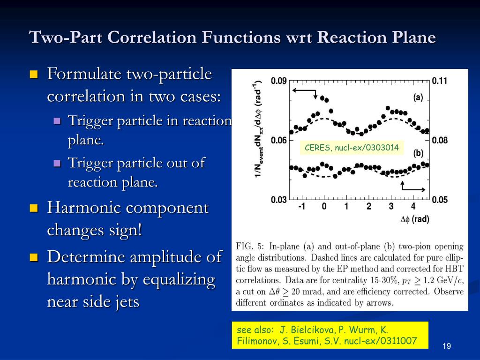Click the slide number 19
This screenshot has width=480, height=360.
pos(446,346)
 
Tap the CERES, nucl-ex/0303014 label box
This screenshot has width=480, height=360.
pos(352,148)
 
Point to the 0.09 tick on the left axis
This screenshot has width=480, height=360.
pos(279,81)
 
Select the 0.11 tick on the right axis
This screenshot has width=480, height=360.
pos(440,81)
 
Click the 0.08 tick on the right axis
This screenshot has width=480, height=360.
pos(440,140)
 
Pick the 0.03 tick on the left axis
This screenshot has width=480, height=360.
pos(279,200)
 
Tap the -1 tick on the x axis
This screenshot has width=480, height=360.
pos(302,207)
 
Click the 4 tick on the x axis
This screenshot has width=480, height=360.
pos(413,207)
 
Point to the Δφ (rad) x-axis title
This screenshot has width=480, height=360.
pos(414,219)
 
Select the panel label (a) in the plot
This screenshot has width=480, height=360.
pos(418,97)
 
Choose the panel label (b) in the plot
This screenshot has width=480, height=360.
pos(418,153)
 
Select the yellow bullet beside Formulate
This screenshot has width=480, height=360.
pos(33,74)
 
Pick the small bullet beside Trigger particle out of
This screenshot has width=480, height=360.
pos(58,164)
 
